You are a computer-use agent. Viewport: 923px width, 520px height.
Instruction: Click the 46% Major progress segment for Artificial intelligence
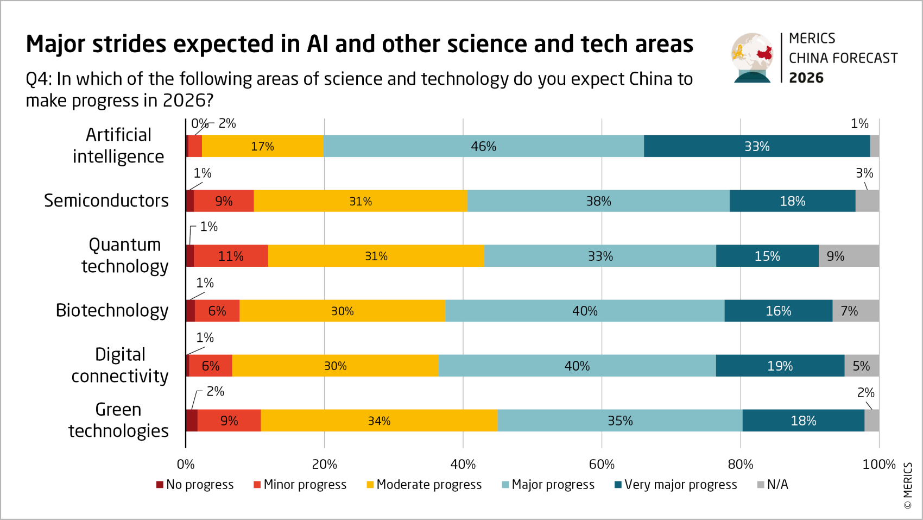click(x=483, y=146)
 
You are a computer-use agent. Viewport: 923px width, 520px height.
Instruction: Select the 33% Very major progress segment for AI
click(x=756, y=146)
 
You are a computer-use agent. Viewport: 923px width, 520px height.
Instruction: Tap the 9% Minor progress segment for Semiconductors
click(x=224, y=201)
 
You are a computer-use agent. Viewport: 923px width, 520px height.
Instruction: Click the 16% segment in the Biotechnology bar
click(x=778, y=311)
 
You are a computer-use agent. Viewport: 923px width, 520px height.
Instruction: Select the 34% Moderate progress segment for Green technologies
click(x=378, y=421)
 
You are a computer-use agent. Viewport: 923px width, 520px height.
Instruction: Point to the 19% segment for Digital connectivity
click(x=780, y=366)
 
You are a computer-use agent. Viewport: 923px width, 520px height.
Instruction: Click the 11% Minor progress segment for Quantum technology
click(x=231, y=256)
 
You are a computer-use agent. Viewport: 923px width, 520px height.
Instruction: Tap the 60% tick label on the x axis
click(x=602, y=464)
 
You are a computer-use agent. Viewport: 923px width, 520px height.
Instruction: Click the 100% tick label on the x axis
click(x=878, y=464)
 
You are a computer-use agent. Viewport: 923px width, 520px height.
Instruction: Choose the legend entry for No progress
click(x=195, y=484)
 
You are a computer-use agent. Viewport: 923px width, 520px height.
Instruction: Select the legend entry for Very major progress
click(x=676, y=484)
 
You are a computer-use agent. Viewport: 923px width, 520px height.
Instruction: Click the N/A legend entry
click(x=773, y=484)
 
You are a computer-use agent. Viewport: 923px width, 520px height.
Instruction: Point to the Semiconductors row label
click(x=106, y=201)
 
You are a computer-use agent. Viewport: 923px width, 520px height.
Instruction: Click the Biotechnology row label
click(x=112, y=310)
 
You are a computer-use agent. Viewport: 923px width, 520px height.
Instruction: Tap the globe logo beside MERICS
click(x=752, y=57)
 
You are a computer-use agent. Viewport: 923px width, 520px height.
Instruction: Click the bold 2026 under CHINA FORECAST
click(x=806, y=78)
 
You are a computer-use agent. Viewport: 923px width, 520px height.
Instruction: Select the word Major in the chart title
click(x=56, y=44)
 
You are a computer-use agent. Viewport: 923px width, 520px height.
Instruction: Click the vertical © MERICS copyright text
click(x=907, y=485)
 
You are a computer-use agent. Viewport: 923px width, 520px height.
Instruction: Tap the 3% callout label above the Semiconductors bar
click(x=864, y=173)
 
